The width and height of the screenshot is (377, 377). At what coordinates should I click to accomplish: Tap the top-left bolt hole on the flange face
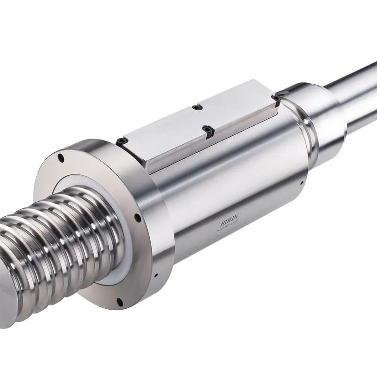(x=61, y=158)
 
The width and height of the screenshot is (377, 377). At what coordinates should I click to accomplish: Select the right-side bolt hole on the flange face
(x=137, y=218)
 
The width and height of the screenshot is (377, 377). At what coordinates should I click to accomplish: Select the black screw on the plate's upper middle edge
(x=197, y=107)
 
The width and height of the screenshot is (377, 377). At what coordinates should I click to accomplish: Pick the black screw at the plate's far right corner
(x=275, y=99)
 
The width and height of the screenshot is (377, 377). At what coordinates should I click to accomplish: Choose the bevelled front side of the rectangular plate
(x=212, y=141)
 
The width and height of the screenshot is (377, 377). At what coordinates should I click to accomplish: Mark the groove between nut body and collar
(x=309, y=141)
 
